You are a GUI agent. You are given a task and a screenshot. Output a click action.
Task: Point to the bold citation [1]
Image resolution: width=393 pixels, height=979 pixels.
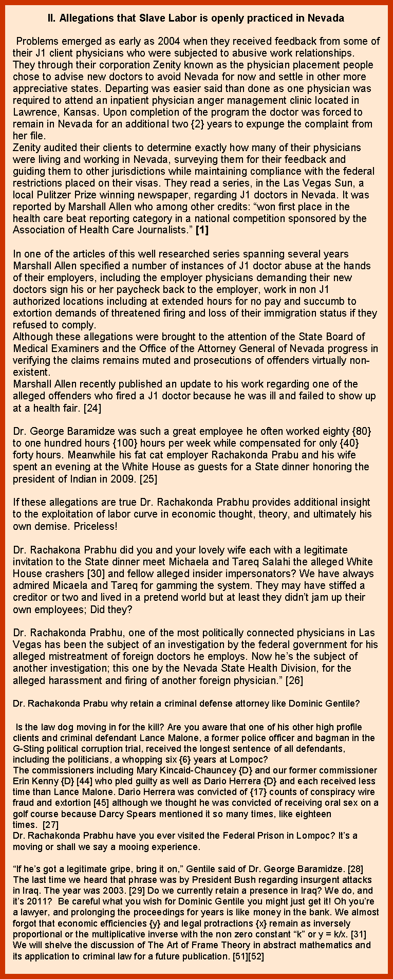(x=202, y=230)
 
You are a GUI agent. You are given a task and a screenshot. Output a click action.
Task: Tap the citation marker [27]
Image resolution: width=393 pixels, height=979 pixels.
(x=50, y=824)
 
